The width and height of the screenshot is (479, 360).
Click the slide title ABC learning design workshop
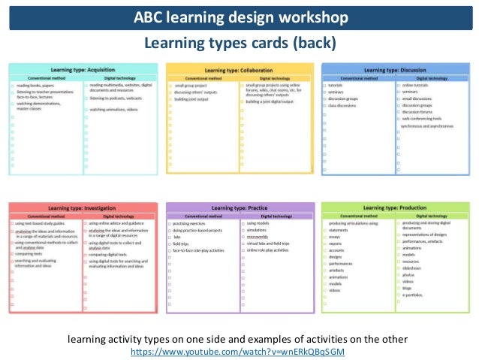pos(239,17)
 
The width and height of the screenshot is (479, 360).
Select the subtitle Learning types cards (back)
pos(239,44)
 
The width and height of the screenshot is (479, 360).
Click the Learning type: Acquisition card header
pos(85,69)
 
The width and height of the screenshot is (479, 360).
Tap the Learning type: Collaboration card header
pos(239,69)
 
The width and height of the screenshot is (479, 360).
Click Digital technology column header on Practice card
pos(276,216)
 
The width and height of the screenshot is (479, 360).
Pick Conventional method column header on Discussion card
pos(357,77)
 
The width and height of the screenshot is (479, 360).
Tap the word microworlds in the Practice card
pos(258,237)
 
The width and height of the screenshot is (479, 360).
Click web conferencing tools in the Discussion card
pos(422,119)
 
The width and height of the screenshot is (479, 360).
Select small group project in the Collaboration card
pos(191,86)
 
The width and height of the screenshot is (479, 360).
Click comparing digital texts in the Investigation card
pos(111,255)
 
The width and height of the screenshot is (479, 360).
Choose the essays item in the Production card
pos(335,236)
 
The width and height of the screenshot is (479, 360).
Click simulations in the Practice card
pos(258,230)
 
